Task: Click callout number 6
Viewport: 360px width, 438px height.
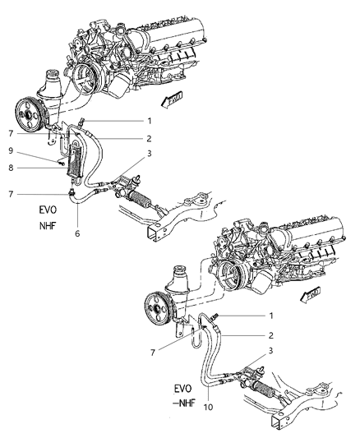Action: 77,234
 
